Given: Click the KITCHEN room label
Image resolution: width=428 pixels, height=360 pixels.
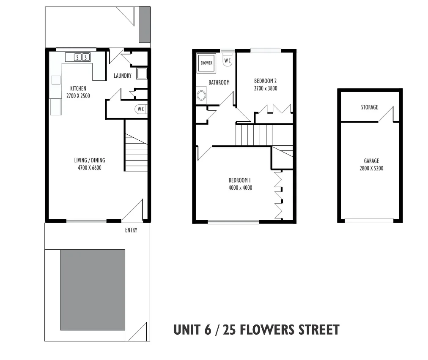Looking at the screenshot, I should pyautogui.click(x=78, y=88).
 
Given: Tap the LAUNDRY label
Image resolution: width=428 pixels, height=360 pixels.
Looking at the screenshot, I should pyautogui.click(x=123, y=76).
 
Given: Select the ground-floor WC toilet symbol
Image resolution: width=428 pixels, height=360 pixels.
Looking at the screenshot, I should pyautogui.click(x=141, y=109).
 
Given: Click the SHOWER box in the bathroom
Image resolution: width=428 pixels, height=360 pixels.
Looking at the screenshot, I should pyautogui.click(x=206, y=63).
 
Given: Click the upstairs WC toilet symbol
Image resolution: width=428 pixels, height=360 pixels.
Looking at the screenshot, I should pyautogui.click(x=228, y=60).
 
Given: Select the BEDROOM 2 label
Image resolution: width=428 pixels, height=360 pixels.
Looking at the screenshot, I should pyautogui.click(x=265, y=81).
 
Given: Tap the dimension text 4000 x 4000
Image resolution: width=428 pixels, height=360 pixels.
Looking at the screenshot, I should pyautogui.click(x=240, y=188).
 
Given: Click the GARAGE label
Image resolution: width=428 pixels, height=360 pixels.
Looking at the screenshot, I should pyautogui.click(x=371, y=161).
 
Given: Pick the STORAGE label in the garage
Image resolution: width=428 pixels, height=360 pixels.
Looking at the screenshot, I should pyautogui.click(x=369, y=107).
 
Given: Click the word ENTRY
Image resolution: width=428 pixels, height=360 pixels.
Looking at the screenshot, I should pyautogui.click(x=131, y=230).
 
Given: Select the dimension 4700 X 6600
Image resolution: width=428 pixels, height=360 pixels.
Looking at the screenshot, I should pyautogui.click(x=89, y=168).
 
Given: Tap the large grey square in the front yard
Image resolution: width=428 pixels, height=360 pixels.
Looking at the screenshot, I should pyautogui.click(x=93, y=290).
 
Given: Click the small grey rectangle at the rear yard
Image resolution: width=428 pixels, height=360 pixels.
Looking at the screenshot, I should pyautogui.click(x=144, y=25).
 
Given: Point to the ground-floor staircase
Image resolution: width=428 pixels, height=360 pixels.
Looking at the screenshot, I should pyautogui.click(x=136, y=152).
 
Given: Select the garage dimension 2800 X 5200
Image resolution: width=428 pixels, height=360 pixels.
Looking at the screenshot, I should pyautogui.click(x=371, y=168).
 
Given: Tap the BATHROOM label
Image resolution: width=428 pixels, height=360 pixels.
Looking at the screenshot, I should pyautogui.click(x=219, y=82).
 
